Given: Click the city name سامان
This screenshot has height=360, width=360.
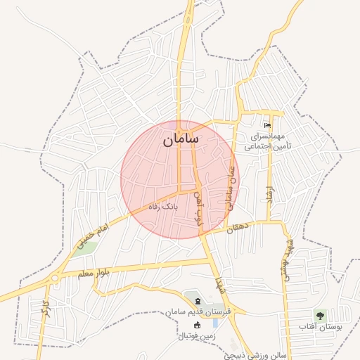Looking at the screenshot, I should pyautogui.click(x=181, y=139).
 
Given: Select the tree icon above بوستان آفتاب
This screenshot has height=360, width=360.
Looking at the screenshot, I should pyautogui.click(x=321, y=314).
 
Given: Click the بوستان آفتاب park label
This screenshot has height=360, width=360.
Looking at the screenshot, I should pyautogui.click(x=320, y=327).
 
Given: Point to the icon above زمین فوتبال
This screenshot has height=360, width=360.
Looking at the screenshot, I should pyautogui.click(x=196, y=324).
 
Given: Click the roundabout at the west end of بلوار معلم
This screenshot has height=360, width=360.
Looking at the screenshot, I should pyautogui.click(x=54, y=278).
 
